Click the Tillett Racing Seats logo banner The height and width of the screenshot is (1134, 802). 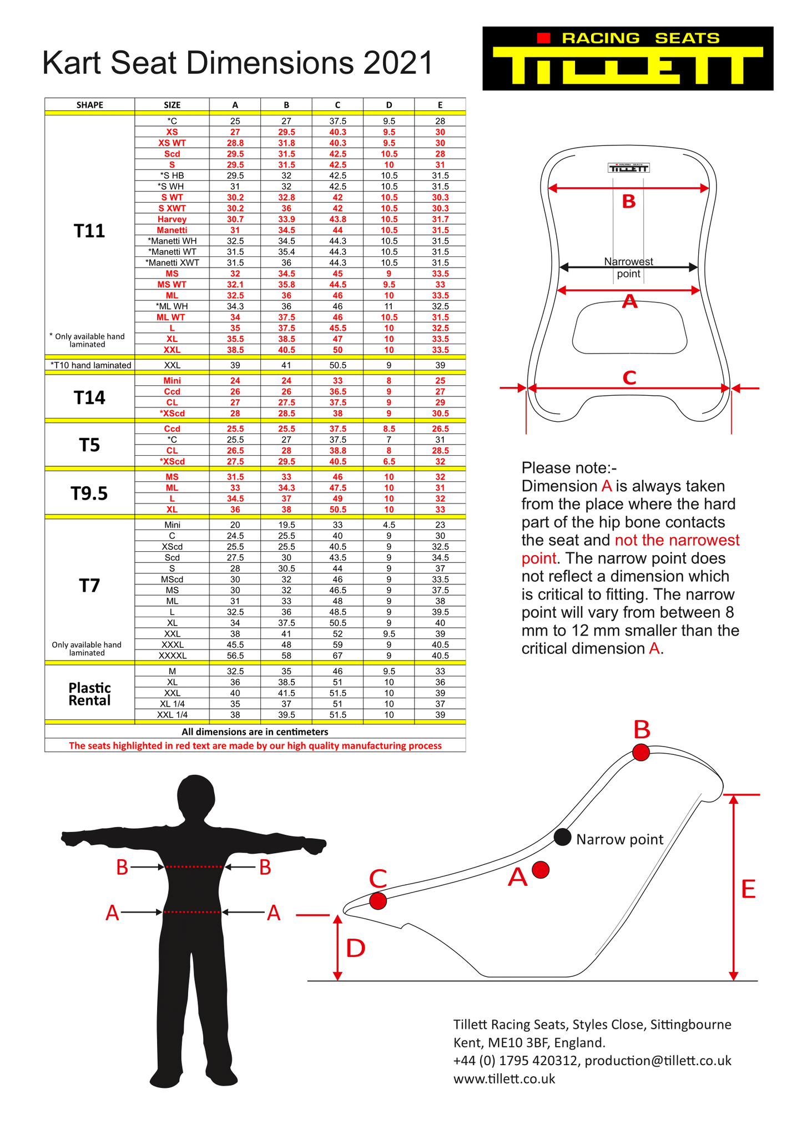(x=627, y=58)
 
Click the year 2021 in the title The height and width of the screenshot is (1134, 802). (x=397, y=63)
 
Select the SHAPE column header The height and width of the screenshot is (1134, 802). (x=89, y=105)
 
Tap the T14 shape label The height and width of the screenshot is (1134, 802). (x=89, y=397)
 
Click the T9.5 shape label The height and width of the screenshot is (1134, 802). (x=89, y=493)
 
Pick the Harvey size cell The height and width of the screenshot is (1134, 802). (x=172, y=219)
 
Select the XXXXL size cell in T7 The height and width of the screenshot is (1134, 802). (x=172, y=656)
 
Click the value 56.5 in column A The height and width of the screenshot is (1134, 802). (x=235, y=656)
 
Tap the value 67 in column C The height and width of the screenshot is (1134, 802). (x=337, y=656)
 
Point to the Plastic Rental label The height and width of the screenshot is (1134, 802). (x=89, y=694)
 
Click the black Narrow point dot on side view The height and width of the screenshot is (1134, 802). (x=562, y=837)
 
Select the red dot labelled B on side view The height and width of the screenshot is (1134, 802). (x=641, y=752)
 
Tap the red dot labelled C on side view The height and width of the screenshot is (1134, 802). (x=378, y=901)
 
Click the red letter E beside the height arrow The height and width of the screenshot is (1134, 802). (x=748, y=890)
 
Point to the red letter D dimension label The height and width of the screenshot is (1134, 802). (x=355, y=949)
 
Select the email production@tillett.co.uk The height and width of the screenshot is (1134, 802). (x=658, y=1061)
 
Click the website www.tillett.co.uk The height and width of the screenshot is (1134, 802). (x=504, y=1078)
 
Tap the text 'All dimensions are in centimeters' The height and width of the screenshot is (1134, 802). (x=255, y=732)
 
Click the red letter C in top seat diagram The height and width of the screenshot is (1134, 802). (x=629, y=377)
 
